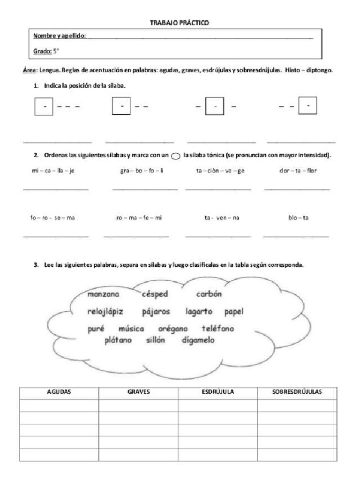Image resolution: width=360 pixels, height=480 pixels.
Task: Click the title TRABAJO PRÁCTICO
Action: click(180, 22)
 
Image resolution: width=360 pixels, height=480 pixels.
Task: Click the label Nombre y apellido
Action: click(59, 36)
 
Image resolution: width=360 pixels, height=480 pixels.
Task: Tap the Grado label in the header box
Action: click(42, 52)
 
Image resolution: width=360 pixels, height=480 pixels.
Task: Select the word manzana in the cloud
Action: click(103, 294)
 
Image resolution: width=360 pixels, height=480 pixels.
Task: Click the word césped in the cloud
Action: click(154, 294)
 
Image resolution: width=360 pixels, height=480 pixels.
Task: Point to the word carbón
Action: click(209, 294)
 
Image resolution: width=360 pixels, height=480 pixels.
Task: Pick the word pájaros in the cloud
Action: click(156, 311)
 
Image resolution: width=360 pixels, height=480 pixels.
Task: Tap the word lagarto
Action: click(199, 311)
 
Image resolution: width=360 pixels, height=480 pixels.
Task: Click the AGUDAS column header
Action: click(59, 392)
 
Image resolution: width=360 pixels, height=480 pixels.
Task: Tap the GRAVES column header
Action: click(138, 392)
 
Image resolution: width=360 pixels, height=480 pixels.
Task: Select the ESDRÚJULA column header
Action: click(217, 392)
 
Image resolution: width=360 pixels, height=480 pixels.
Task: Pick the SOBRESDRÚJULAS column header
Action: click(297, 392)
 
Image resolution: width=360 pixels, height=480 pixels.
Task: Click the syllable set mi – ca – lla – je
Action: click(50, 171)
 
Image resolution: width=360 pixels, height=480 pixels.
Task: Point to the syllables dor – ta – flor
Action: click(298, 171)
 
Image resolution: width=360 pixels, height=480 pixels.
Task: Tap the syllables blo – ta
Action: click(295, 218)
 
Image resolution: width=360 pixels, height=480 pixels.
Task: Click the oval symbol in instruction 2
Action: click(175, 157)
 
